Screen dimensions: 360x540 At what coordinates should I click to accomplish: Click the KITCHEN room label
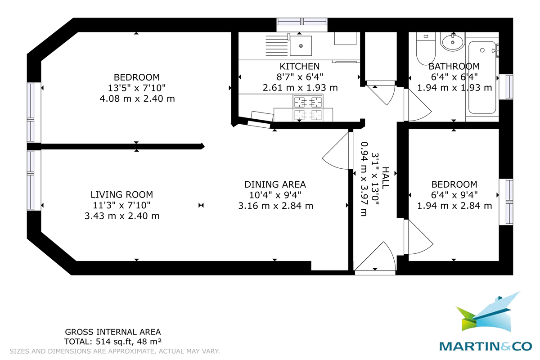tap(300, 67)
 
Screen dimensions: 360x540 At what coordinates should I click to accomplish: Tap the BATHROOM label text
tap(454, 67)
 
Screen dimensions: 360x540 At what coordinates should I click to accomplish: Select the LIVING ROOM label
tap(121, 195)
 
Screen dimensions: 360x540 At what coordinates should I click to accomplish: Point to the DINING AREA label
tap(275, 184)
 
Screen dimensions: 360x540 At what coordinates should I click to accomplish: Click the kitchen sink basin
tap(301, 45)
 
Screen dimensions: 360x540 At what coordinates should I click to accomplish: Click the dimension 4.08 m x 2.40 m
tap(137, 98)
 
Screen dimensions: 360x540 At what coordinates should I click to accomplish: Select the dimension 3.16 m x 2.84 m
tap(275, 206)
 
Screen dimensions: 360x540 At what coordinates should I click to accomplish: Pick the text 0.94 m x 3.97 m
tap(364, 179)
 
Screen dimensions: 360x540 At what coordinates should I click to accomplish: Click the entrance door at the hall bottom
tap(375, 259)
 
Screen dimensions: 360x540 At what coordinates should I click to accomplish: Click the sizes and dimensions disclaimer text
tap(114, 351)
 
